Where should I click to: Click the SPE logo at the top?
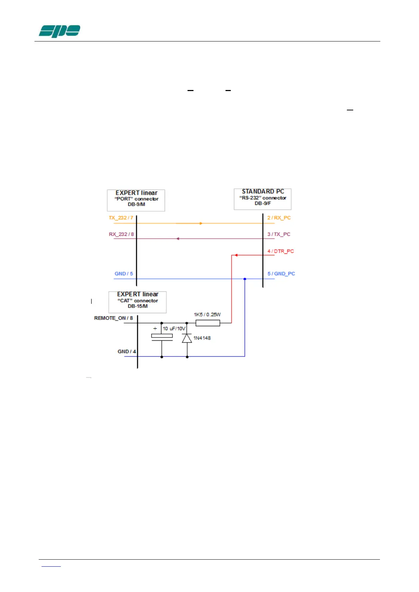(x=59, y=31)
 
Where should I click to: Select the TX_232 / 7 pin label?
(x=121, y=218)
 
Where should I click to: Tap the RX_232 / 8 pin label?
(x=121, y=234)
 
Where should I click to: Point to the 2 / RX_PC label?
(x=279, y=218)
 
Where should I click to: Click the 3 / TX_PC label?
(x=279, y=234)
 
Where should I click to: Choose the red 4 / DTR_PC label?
(x=280, y=251)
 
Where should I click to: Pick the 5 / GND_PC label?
(x=281, y=274)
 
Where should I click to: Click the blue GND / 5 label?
(x=123, y=274)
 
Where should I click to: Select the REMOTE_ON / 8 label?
(x=113, y=318)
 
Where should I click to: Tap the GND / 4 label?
(x=127, y=351)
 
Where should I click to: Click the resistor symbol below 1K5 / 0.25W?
(x=208, y=323)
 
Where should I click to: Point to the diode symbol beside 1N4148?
(x=187, y=338)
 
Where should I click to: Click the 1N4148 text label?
(x=202, y=338)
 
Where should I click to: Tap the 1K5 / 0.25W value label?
(x=207, y=314)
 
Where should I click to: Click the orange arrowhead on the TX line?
(x=201, y=223)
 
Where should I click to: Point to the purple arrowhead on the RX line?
(x=178, y=239)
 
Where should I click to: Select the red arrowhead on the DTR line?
(x=236, y=255)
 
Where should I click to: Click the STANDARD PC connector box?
(x=262, y=199)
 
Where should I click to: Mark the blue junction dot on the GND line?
(x=245, y=279)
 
